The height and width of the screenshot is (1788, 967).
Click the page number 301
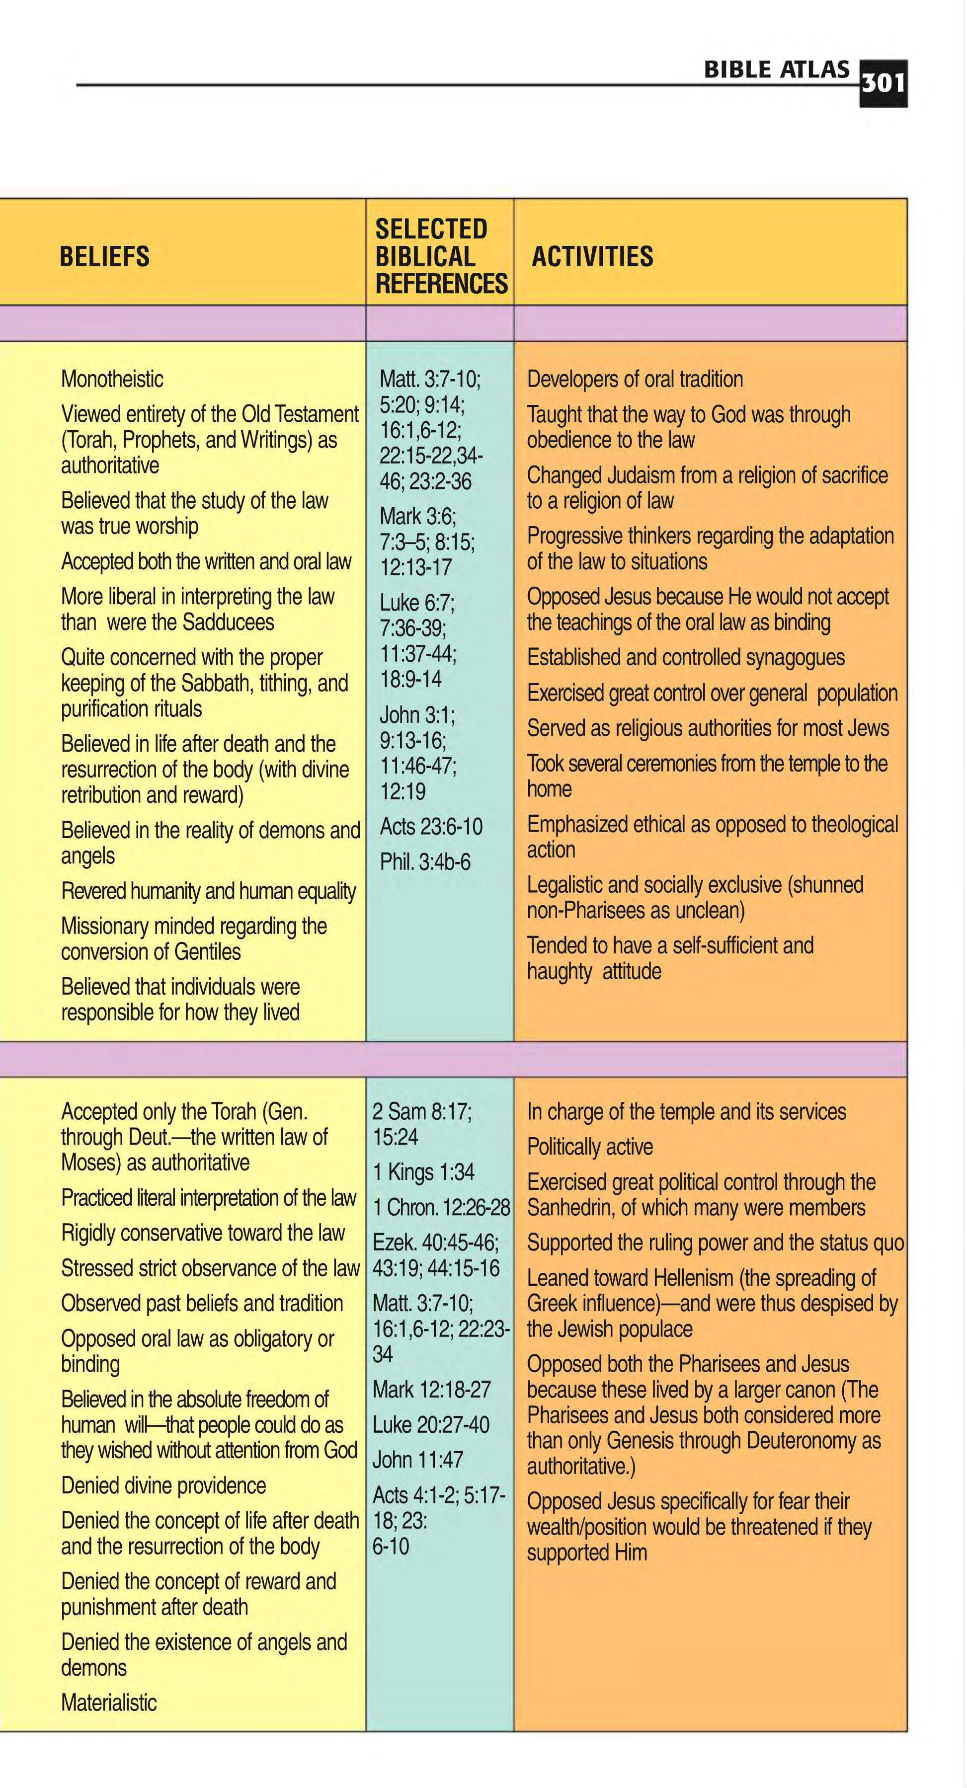point(883,83)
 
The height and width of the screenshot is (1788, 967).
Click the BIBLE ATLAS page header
point(776,70)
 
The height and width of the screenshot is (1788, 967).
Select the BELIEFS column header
point(105,257)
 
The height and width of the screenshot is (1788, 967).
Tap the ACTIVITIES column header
point(592,257)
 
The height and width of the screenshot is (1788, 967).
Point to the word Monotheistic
point(112,379)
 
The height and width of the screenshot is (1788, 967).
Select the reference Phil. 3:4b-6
point(425,862)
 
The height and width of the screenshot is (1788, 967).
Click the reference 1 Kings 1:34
point(423,1172)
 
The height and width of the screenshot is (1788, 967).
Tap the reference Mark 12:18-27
point(431,1390)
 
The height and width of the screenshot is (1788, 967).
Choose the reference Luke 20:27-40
point(430,1425)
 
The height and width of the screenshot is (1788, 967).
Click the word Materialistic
point(109,1703)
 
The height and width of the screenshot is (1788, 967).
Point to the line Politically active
point(589,1147)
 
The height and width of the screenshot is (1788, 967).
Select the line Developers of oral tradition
point(635,379)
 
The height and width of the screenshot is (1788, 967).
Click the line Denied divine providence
point(163,1485)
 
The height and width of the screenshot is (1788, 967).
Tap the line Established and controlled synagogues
point(685,657)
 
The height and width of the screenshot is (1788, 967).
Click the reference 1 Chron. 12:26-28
point(441,1208)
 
